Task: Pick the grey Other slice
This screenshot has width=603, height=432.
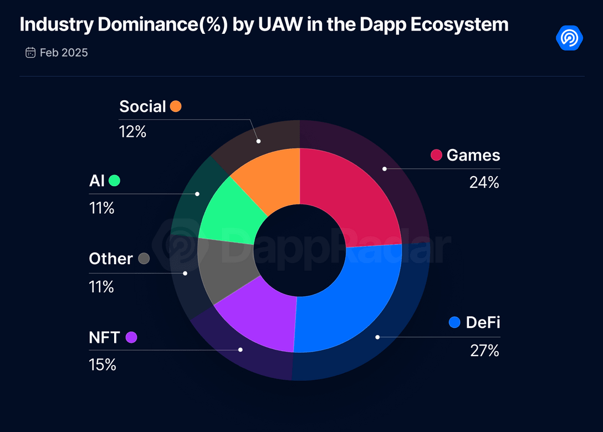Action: (224, 271)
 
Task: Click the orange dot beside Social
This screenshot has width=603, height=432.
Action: (176, 106)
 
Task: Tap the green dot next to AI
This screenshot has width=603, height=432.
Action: (114, 181)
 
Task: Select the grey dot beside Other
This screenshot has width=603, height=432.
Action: (144, 259)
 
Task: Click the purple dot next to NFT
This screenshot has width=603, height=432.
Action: (131, 337)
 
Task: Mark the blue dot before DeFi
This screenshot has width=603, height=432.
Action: (455, 322)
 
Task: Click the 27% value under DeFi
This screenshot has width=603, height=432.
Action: (484, 351)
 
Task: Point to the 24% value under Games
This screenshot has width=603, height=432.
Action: (484, 182)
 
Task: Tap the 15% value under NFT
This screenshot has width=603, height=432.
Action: (103, 365)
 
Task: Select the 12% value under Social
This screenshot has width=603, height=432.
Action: (132, 132)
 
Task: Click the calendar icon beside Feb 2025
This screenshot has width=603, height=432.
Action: (30, 53)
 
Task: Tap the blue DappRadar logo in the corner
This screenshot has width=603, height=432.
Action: (570, 38)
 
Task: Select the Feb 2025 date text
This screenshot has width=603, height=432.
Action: (64, 53)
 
